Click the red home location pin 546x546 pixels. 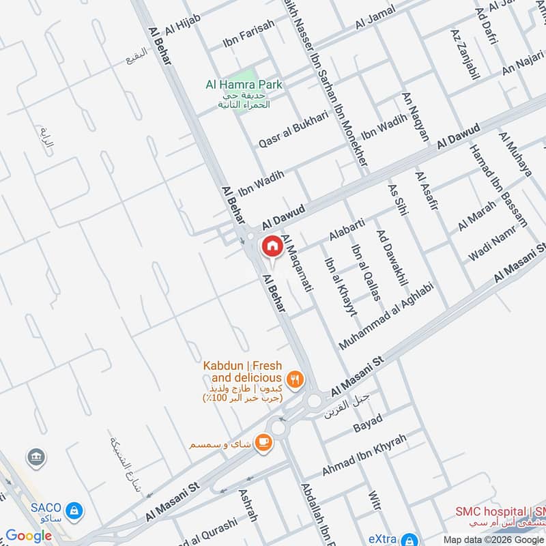click(x=271, y=246)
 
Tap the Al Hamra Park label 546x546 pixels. click(x=244, y=85)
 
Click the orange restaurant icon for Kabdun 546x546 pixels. click(x=295, y=379)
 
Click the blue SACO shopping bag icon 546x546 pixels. click(x=74, y=509)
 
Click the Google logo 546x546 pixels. click(x=28, y=536)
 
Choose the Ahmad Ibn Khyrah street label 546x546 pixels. click(x=364, y=456)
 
